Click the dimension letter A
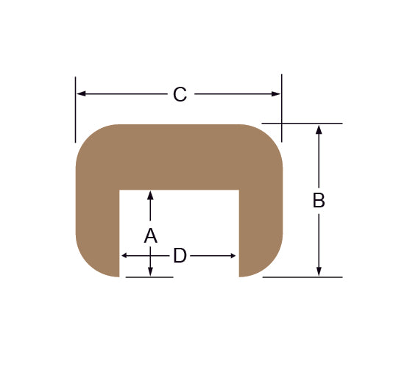tap(150, 236)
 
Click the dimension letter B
tap(319, 200)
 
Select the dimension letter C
tap(180, 94)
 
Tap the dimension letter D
tap(180, 256)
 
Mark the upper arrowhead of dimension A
tap(150, 195)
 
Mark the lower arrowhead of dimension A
tap(150, 272)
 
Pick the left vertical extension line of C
tap(75, 110)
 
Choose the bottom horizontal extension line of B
tap(302, 277)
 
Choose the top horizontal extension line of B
tap(302, 123)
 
